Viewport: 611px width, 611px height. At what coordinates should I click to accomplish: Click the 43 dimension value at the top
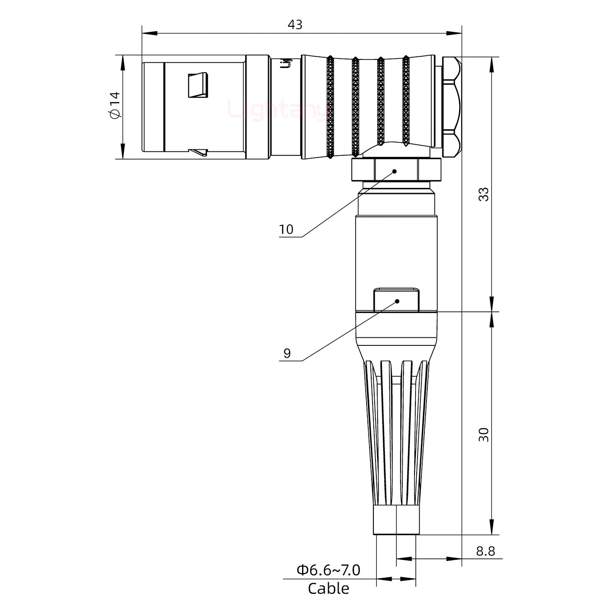point(295,25)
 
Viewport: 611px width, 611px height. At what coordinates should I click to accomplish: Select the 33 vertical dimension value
point(483,194)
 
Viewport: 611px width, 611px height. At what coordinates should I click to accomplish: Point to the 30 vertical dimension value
point(483,435)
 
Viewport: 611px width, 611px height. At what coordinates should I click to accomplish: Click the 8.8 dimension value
point(485,551)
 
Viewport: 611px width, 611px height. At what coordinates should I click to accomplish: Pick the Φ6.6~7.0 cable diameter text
point(328,570)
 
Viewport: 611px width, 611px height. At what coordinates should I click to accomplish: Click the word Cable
point(328,589)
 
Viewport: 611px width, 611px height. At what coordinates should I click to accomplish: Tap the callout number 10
point(286,230)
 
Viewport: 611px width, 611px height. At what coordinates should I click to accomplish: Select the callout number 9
point(287,353)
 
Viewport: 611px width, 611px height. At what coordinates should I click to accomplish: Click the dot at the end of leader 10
point(395,171)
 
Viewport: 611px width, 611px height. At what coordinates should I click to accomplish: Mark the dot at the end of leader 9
point(398,301)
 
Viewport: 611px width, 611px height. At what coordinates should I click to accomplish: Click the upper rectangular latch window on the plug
point(198,85)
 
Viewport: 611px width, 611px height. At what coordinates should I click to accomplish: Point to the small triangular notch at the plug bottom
point(199,152)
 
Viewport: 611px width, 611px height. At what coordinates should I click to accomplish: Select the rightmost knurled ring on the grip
point(406,102)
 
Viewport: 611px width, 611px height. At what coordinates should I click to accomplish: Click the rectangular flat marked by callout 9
point(397,300)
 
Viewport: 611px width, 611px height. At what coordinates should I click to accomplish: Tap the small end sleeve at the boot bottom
point(396,520)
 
